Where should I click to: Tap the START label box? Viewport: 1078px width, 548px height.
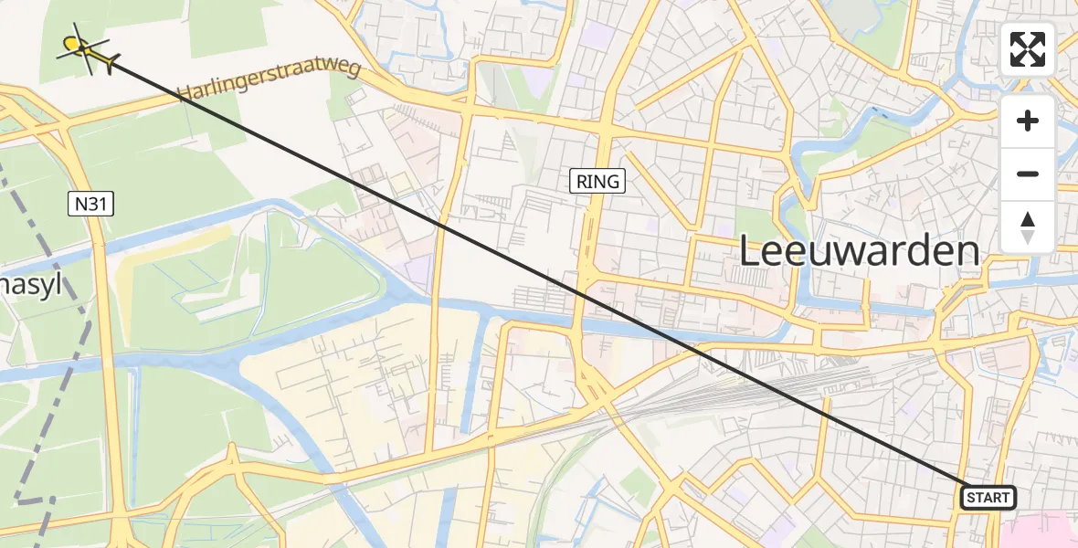tap(988, 498)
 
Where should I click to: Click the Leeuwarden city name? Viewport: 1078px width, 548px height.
tap(858, 250)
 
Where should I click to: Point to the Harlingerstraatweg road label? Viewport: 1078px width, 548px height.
tap(269, 80)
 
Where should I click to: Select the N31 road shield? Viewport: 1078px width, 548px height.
tap(90, 205)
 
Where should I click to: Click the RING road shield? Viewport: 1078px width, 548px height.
tap(598, 181)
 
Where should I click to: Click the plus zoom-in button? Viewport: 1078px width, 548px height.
tap(1028, 121)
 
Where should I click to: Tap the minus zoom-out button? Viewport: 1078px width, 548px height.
tap(1028, 174)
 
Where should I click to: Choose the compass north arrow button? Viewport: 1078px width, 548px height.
tap(1028, 227)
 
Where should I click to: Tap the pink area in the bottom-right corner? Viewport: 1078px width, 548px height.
tap(1041, 530)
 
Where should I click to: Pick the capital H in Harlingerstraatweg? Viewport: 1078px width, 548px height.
tap(185, 93)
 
